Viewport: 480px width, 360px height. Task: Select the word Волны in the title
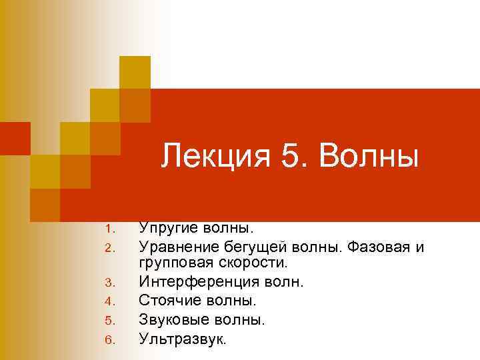point(369,159)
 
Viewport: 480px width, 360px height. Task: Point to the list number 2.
point(111,249)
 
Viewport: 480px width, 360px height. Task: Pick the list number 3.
point(111,284)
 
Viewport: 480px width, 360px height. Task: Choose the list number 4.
point(111,303)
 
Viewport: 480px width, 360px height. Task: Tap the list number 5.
point(111,321)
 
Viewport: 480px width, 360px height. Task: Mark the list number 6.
point(111,340)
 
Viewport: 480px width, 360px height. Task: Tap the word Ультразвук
point(181,339)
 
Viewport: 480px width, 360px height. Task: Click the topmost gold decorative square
point(135,72)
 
